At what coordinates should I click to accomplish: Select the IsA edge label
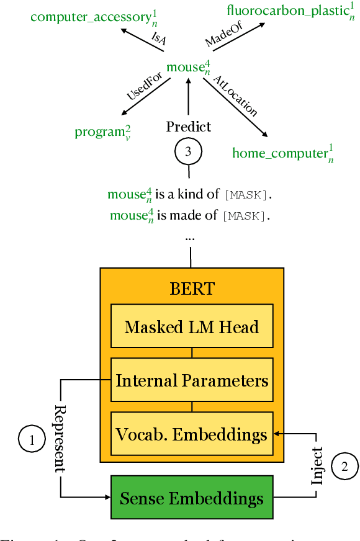point(158,38)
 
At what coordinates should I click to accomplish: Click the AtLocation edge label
point(235,96)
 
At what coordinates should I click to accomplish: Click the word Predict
point(189,127)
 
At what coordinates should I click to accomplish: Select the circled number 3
point(189,151)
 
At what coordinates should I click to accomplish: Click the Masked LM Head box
point(191,326)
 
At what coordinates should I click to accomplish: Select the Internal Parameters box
point(191,380)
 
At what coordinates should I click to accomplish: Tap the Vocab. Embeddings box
point(191,433)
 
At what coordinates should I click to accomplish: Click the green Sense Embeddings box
point(191,498)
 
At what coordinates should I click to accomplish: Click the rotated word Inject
point(317,465)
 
